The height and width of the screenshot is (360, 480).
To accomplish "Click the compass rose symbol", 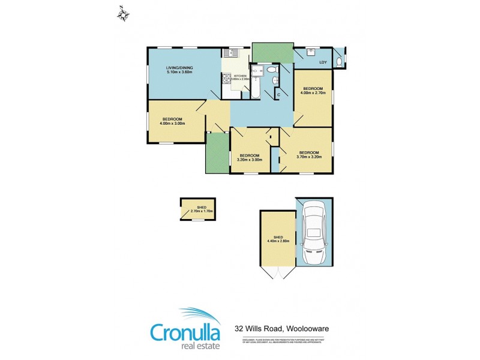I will (123, 13).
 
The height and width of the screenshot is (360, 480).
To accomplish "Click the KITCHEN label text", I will (232, 75).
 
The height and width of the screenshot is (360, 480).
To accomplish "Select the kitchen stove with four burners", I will (227, 78).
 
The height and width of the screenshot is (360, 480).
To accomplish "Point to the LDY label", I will (323, 62).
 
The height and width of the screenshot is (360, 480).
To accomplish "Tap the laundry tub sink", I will (310, 52).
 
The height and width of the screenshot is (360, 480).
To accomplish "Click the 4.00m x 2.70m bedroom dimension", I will (313, 92).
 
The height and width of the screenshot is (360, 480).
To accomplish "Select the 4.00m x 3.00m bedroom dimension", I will (172, 123).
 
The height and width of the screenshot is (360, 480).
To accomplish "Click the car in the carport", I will (314, 233).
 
